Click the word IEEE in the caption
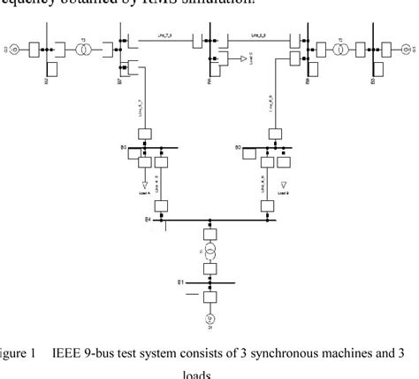[66, 354]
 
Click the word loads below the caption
[210, 374]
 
